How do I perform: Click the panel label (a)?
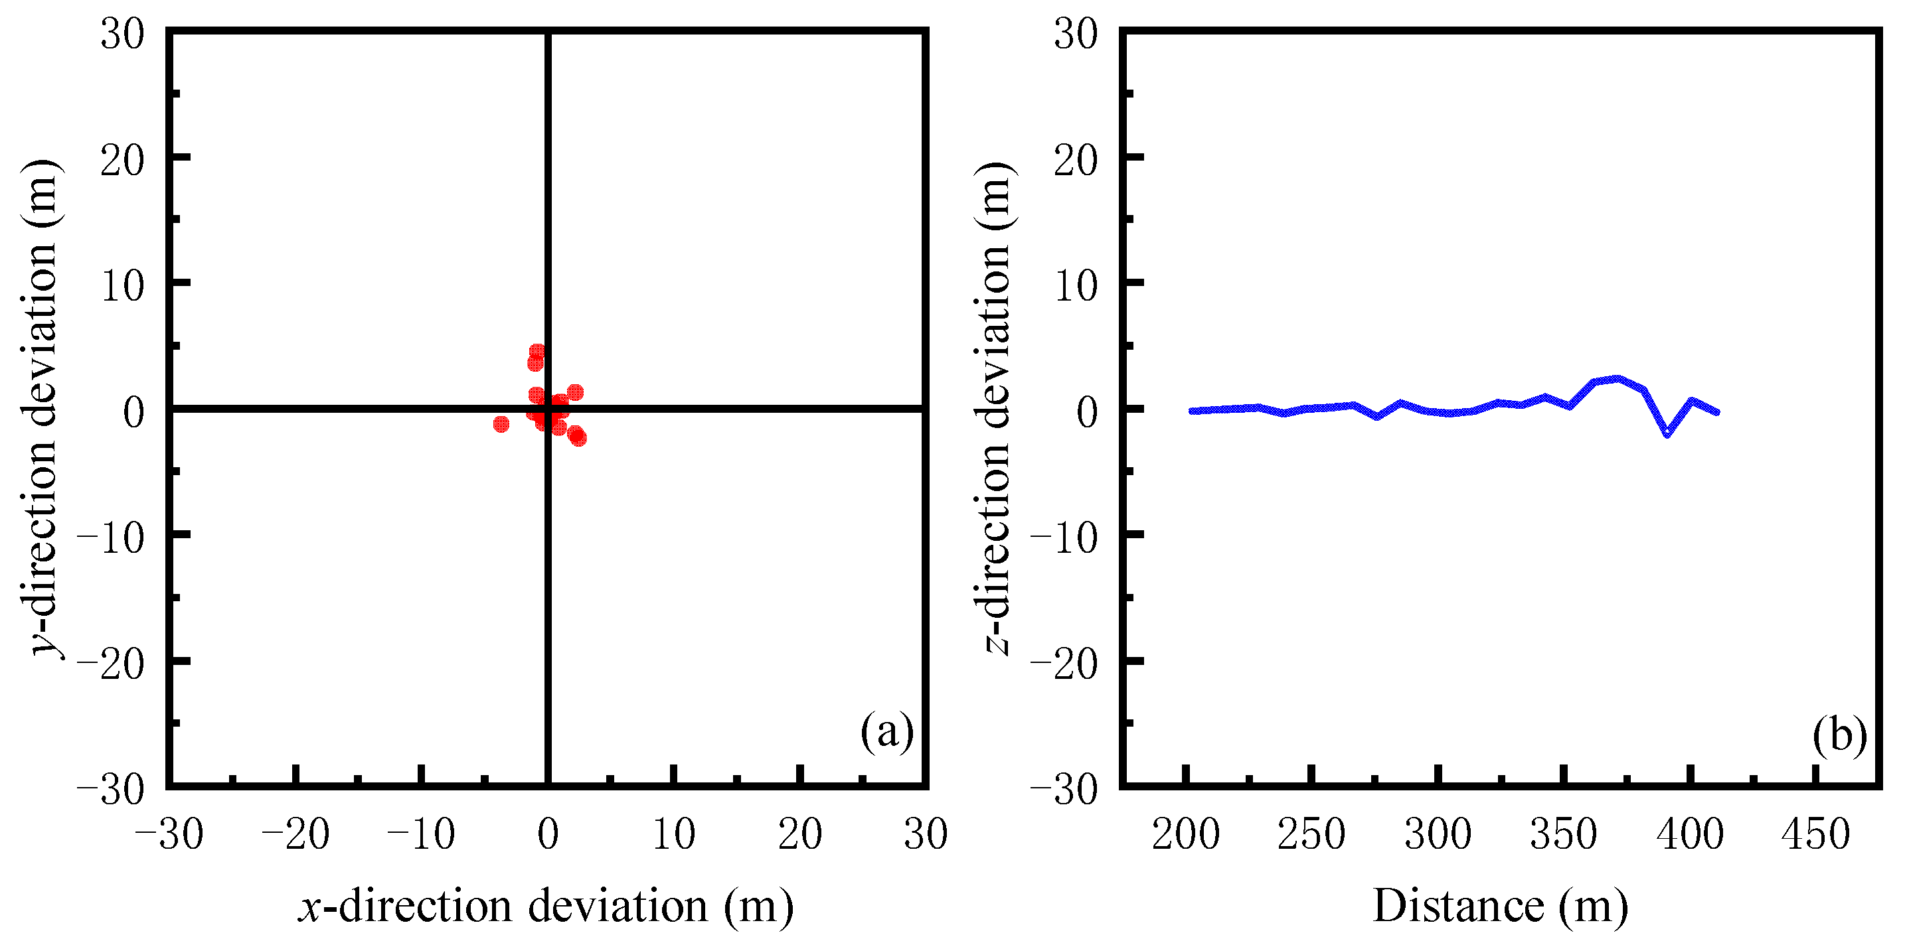tap(886, 732)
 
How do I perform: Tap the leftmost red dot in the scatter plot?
tap(501, 424)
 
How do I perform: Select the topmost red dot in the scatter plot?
tap(537, 351)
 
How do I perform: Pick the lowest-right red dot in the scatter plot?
tap(579, 439)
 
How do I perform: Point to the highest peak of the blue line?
tap(1618, 378)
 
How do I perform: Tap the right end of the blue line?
tap(1716, 412)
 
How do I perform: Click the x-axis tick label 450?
tap(1815, 834)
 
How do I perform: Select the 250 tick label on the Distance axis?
tap(1311, 834)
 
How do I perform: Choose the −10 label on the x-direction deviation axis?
tap(421, 834)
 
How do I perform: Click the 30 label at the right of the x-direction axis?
tap(926, 834)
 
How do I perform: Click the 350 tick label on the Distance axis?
tap(1563, 834)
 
